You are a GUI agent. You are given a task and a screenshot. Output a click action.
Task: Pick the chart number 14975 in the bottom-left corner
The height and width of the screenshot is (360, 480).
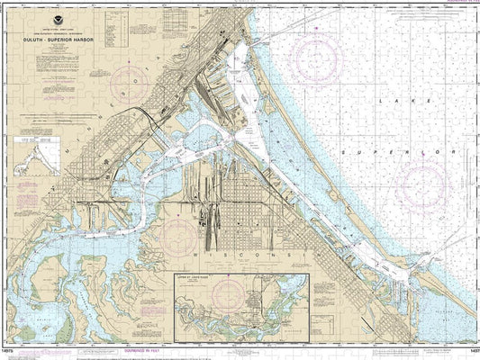tap(12, 353)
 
